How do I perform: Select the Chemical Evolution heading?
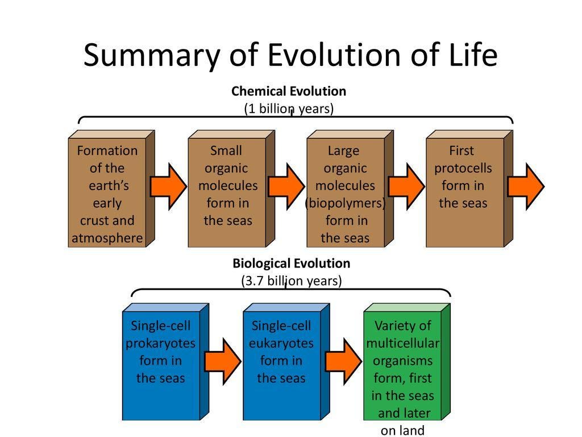(288, 91)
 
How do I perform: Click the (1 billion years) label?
(288, 108)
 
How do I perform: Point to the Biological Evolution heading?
(291, 263)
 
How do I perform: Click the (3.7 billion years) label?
(291, 281)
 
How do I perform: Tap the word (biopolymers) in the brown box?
(345, 203)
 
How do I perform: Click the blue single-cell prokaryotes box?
(161, 364)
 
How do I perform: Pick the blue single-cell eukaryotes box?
(282, 364)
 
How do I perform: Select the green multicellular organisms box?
(402, 364)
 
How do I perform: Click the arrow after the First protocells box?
(526, 186)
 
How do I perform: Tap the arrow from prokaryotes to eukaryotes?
(223, 361)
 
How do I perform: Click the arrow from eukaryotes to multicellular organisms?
(343, 361)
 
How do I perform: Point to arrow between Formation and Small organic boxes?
(168, 186)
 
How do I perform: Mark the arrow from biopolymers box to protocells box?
(406, 186)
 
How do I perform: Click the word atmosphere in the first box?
(107, 238)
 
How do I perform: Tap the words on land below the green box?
(402, 430)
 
